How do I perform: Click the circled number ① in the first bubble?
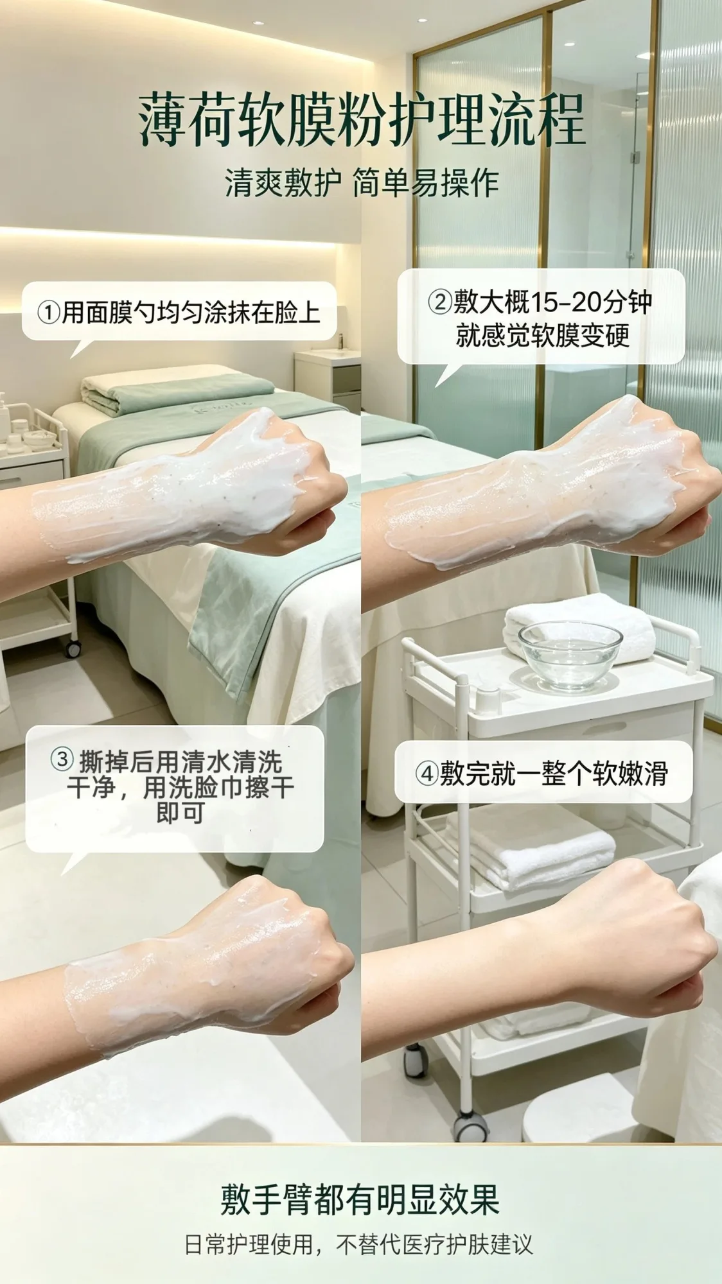coord(49,313)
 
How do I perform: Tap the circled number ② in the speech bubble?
coord(440,302)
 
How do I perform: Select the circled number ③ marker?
coord(62,760)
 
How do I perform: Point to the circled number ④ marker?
coord(427,773)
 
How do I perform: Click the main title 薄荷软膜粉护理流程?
coord(362,119)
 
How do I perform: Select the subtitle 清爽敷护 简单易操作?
coord(362,183)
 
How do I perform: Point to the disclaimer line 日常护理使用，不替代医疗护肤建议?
coord(359,1245)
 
